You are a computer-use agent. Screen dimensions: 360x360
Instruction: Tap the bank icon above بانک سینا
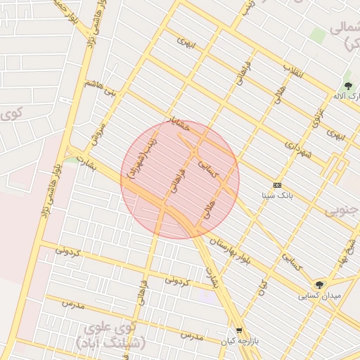point(277,185)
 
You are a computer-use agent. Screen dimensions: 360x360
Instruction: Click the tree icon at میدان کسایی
point(320,285)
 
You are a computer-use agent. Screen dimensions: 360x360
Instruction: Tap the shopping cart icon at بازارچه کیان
point(239,330)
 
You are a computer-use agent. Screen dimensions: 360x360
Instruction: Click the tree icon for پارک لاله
point(347,86)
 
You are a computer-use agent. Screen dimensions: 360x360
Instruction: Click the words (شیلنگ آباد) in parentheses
point(109,343)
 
